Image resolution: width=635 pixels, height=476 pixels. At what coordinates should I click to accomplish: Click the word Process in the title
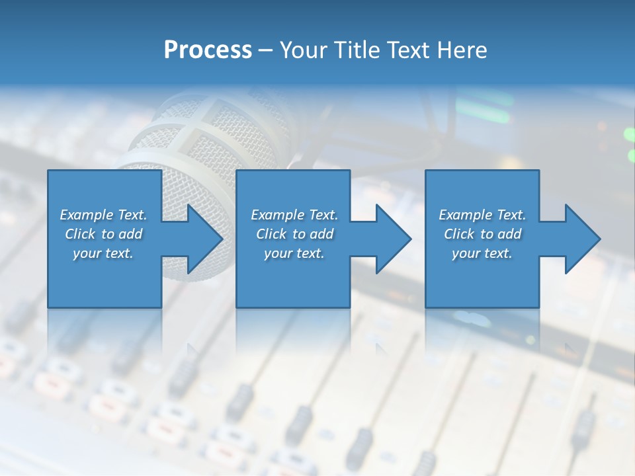208,50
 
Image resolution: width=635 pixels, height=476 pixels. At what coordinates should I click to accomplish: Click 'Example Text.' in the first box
103,215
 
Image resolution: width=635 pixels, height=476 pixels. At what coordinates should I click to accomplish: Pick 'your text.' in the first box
103,253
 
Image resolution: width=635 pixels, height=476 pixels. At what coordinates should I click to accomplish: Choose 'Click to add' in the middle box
294,234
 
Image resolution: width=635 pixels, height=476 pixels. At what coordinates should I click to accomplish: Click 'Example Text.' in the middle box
294,215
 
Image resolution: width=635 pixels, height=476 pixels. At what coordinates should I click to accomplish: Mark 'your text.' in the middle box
294,253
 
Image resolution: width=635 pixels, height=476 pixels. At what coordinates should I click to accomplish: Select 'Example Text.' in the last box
482,215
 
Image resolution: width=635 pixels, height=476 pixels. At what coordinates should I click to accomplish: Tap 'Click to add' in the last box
482,234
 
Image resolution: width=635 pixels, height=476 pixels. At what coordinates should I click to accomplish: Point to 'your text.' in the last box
482,253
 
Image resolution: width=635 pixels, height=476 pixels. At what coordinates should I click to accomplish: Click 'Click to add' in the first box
103,234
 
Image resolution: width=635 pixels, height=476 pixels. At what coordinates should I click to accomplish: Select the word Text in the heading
410,50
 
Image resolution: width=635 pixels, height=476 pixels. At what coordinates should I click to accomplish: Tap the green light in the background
628,134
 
